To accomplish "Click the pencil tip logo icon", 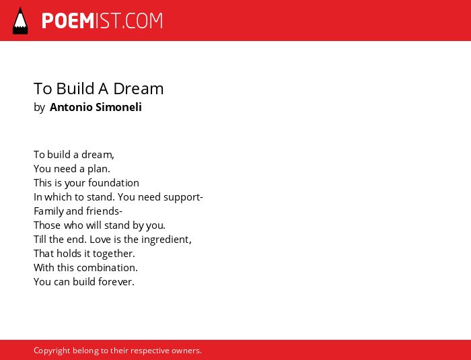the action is tap(20, 21).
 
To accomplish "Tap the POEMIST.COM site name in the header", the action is tap(102, 21).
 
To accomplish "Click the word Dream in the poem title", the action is tap(139, 89).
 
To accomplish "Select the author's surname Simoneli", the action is tap(118, 107).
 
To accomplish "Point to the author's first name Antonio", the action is tap(71, 107).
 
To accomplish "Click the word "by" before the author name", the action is tap(39, 108).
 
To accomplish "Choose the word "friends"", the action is tap(103, 211).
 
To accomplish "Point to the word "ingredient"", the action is tap(166, 240).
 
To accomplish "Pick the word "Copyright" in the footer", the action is tap(52, 351).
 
